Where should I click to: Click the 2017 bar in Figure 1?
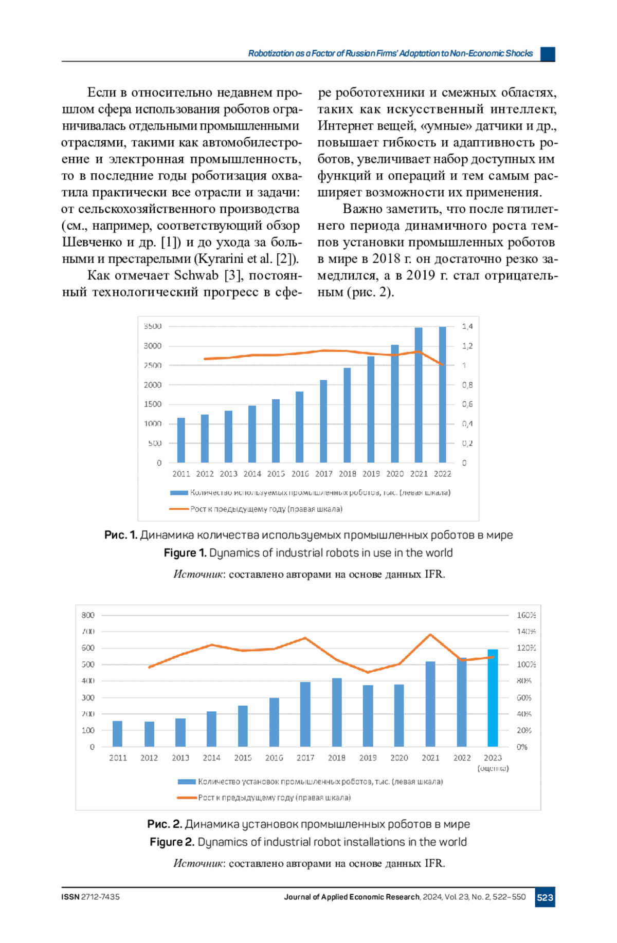[323, 421]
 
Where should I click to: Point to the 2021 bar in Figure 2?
[430, 704]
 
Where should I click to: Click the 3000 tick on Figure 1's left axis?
[153, 346]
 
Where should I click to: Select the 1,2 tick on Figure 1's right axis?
[467, 346]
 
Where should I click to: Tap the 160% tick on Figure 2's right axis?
[526, 615]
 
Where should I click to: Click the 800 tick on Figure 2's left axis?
[88, 615]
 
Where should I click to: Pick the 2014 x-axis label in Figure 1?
[252, 474]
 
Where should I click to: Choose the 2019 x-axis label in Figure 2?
[368, 757]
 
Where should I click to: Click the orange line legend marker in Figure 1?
[179, 509]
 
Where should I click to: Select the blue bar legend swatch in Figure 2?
[187, 782]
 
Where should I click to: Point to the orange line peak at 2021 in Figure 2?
[430, 635]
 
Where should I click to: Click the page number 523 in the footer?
[545, 897]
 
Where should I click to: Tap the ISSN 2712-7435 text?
[90, 897]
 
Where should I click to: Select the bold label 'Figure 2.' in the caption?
[172, 842]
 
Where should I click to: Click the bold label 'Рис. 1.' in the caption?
[120, 535]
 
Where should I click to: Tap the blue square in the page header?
[548, 53]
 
